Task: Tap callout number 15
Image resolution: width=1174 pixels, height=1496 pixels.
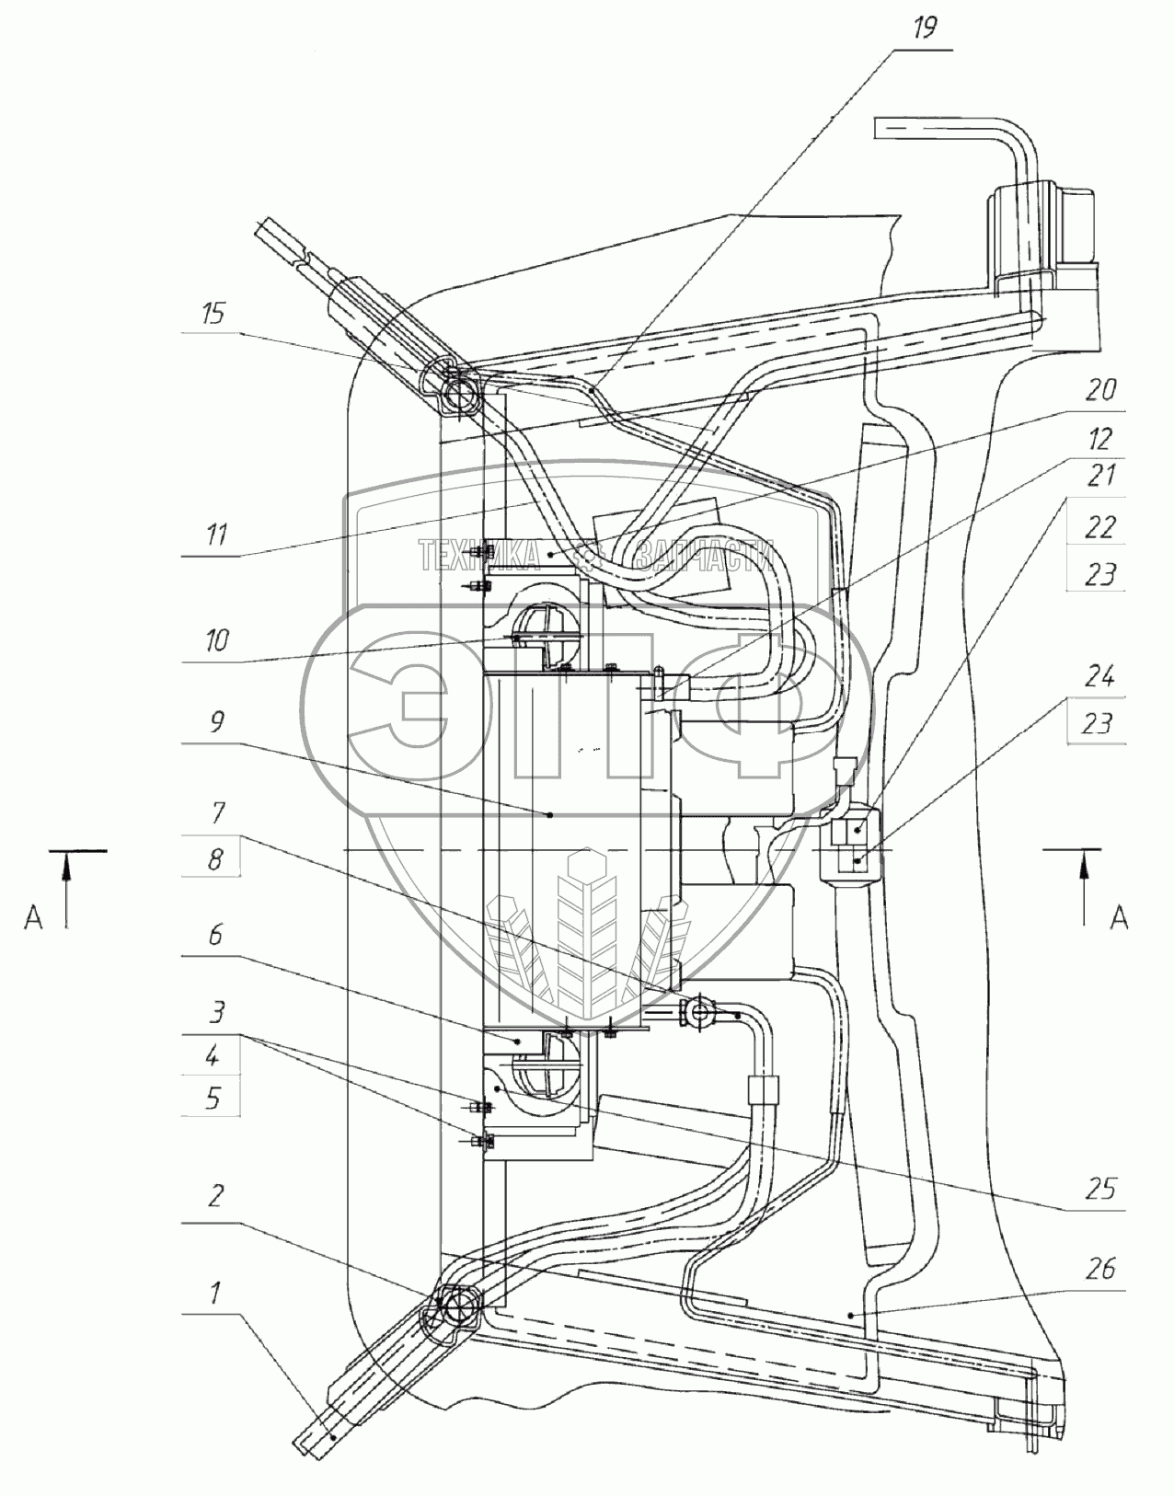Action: click(213, 314)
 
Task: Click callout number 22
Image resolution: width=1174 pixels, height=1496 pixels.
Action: click(1099, 528)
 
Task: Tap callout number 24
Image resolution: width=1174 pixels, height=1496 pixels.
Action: click(1099, 678)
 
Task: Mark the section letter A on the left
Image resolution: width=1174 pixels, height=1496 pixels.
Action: click(33, 917)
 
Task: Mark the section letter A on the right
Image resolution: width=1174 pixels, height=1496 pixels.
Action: click(1119, 917)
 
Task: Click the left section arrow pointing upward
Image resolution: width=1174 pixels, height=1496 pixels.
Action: click(67, 889)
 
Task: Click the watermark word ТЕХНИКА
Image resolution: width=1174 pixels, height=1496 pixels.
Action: click(479, 556)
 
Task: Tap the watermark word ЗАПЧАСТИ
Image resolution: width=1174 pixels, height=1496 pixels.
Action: click(703, 556)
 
